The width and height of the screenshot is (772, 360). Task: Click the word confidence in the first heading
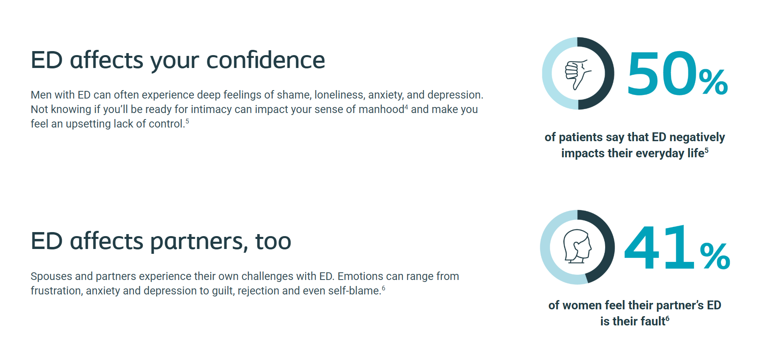coord(265,60)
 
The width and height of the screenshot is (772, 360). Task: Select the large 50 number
coord(661,73)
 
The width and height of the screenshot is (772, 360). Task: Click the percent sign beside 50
coord(713,82)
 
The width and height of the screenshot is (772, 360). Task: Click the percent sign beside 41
coord(715,256)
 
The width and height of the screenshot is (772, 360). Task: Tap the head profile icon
coord(577,246)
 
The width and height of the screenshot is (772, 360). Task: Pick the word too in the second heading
coord(273,241)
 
